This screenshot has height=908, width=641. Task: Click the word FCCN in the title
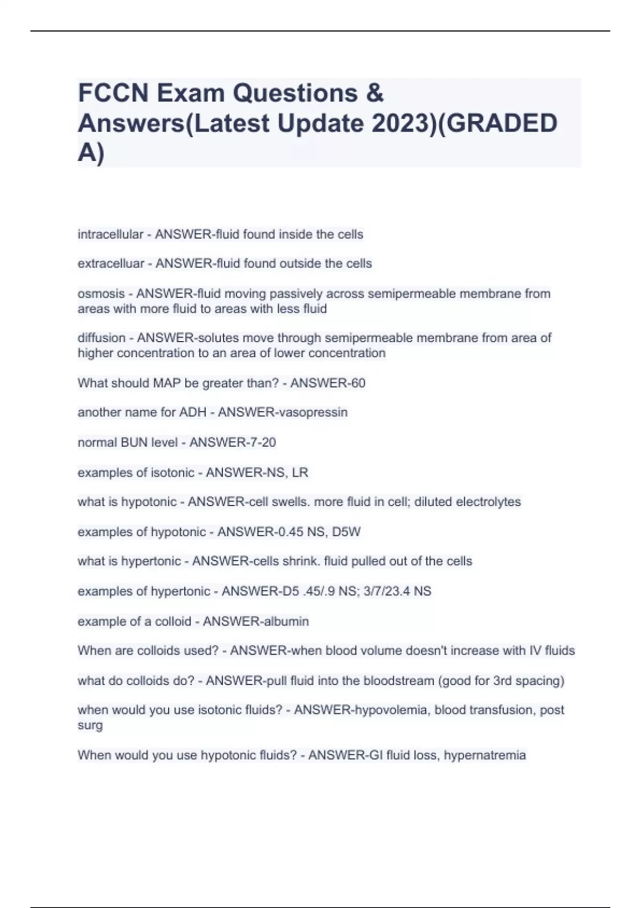tap(113, 93)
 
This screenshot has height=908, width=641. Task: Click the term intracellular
tap(110, 234)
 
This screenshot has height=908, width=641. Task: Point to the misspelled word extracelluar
tap(111, 264)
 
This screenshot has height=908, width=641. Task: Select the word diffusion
tap(101, 338)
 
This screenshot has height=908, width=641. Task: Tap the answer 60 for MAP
tap(358, 383)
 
